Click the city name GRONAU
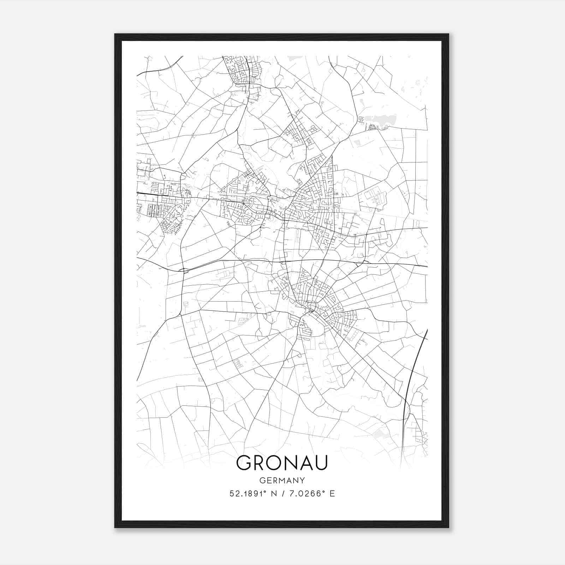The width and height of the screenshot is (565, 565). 282,463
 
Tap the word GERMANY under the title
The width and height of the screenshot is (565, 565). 282,481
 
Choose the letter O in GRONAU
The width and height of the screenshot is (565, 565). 275,463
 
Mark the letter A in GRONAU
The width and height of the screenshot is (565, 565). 305,463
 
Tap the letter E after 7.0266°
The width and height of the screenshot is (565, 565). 332,494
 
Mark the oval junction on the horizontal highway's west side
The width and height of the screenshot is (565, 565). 184,271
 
